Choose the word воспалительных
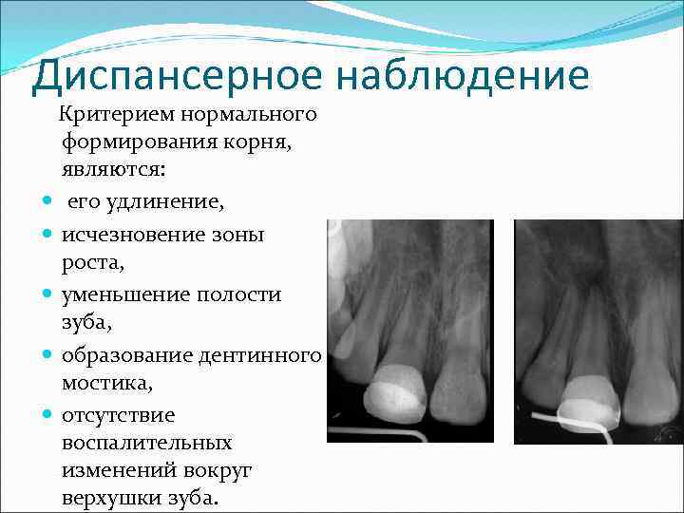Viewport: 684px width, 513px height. (147, 444)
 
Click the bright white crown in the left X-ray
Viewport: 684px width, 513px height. (397, 389)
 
